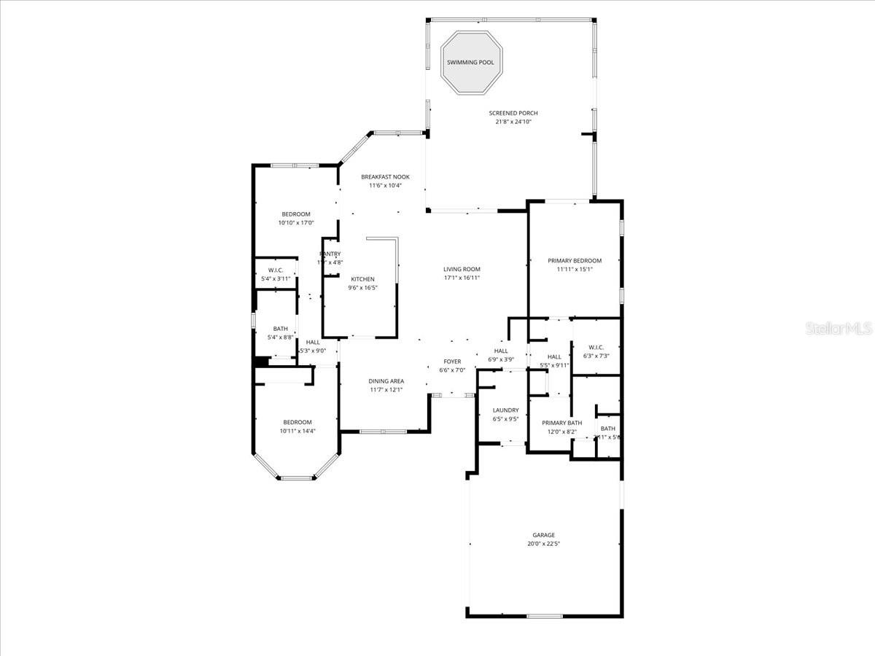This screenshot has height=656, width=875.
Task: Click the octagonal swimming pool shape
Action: pos(471,63)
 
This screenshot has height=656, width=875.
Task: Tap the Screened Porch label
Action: pos(513,113)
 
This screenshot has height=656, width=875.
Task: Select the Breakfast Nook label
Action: pos(385,177)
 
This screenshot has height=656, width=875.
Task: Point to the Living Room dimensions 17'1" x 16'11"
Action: pos(462,278)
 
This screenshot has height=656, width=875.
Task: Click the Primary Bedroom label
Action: pos(575,261)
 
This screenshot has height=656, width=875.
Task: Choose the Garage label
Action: pos(543,535)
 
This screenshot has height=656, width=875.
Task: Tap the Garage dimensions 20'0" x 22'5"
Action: pos(543,544)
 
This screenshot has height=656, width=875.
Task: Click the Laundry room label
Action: pos(505,410)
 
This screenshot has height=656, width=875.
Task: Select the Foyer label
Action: pos(452,362)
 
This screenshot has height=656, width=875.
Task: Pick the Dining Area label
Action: pos(386,381)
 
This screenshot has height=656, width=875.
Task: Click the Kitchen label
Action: pos(362,279)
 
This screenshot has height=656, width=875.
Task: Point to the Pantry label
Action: pos(330,254)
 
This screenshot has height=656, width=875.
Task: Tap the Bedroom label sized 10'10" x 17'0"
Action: pos(296,214)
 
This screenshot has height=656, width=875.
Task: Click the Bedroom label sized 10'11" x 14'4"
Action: pos(297,422)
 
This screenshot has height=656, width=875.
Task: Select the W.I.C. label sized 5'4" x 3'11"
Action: pos(275,270)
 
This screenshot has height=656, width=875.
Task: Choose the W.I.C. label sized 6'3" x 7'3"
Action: pos(596,347)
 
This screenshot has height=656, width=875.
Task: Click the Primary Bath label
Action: pos(561,423)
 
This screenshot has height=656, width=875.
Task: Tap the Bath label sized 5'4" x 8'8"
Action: pos(281,329)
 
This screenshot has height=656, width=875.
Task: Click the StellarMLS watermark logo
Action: pos(838,329)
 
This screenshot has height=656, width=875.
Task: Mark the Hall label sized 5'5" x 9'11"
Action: pos(554,356)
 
